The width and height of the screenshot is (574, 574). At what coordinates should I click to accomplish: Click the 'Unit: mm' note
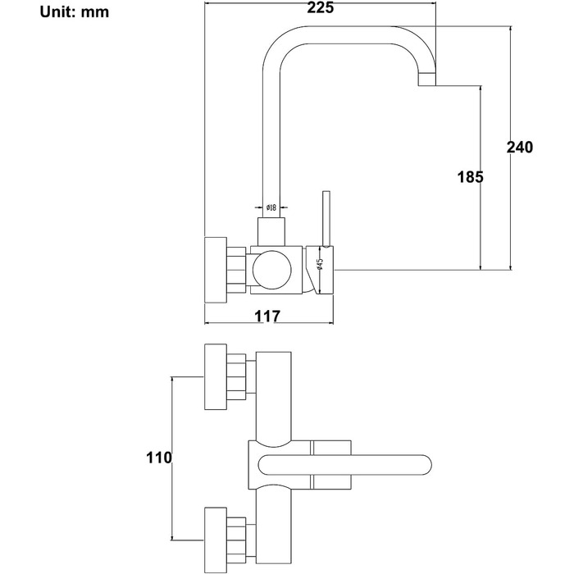tap(75, 12)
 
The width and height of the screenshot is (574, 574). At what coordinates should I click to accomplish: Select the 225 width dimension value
tap(321, 7)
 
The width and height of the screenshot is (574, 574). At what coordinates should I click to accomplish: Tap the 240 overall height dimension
tap(520, 147)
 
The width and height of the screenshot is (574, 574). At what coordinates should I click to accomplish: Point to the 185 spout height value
tap(471, 177)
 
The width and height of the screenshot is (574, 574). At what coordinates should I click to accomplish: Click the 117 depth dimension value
tap(267, 316)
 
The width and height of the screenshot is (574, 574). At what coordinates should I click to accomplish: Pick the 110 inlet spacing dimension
tap(159, 458)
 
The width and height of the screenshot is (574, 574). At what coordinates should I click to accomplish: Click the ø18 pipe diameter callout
tap(271, 207)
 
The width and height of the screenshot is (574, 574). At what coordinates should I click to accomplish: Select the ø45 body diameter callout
tap(320, 264)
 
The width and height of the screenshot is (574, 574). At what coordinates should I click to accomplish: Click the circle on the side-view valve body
tap(272, 270)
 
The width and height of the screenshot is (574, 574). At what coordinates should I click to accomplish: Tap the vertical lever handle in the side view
tap(326, 218)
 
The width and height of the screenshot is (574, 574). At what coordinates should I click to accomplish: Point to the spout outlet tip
tap(427, 80)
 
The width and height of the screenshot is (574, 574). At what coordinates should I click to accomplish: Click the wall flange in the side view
tap(216, 270)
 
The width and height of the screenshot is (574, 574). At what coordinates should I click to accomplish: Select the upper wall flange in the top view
tap(216, 376)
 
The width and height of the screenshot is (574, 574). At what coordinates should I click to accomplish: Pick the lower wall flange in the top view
tap(216, 540)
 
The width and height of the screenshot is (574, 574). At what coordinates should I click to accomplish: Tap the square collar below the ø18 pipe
tap(271, 232)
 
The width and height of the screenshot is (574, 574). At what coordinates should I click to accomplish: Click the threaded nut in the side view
tap(236, 270)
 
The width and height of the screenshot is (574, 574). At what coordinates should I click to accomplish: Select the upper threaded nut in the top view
tap(236, 376)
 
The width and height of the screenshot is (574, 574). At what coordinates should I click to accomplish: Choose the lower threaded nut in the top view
tap(236, 540)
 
